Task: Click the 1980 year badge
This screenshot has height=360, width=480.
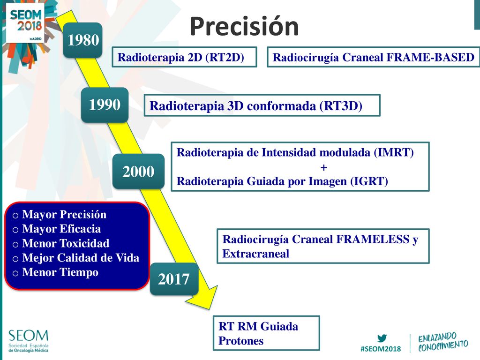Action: pos(82,40)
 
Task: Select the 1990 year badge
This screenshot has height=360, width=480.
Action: pos(105,105)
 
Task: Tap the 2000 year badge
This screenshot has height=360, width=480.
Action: pos(138,172)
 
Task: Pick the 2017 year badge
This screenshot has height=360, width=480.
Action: pos(174,279)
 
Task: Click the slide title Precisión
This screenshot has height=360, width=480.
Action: pos(244,27)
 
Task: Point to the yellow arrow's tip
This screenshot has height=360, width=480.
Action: pos(210,308)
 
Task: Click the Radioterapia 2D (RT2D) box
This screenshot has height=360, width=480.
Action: pos(184,57)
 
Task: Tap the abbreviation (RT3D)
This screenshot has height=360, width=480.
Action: pos(341,106)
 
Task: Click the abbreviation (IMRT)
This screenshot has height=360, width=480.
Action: pos(394,152)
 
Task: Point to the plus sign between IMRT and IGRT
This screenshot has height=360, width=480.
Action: pos(323,167)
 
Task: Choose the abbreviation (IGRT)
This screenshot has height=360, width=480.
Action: pos(369,181)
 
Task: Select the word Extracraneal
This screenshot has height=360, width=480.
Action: pos(255,254)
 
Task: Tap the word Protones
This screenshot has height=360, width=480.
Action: pos(241,341)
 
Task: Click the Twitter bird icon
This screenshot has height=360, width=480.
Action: pos(382,338)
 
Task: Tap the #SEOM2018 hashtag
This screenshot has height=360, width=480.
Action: pos(381,349)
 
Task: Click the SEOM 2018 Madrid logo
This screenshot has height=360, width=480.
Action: pos(26,23)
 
